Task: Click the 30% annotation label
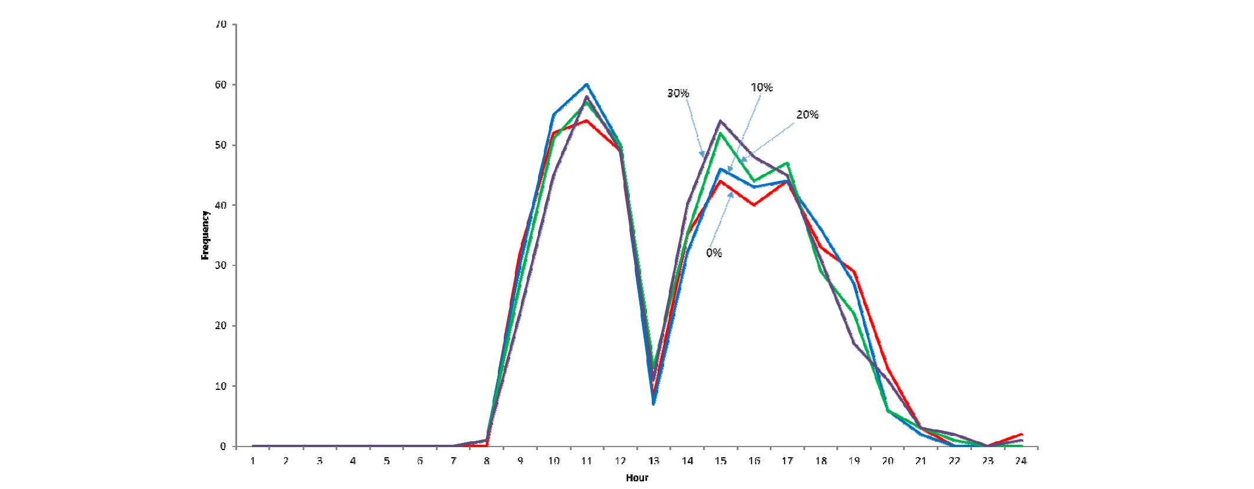coord(678,93)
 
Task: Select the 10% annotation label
coord(761,87)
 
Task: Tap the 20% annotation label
coord(807,114)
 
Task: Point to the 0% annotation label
coord(714,252)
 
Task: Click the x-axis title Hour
coord(637,478)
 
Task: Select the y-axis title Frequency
coord(205,235)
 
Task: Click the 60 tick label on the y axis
coord(221,85)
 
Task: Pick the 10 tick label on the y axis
coord(221,386)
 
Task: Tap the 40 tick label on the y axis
coord(221,205)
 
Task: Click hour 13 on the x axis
coord(654,461)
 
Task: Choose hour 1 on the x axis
coord(252,461)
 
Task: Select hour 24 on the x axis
coord(1021,461)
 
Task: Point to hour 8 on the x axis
coord(487,461)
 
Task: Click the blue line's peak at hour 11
coord(587,84)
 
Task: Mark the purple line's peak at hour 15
coord(721,121)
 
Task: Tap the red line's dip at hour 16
coord(754,205)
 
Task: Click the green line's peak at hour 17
coord(787,163)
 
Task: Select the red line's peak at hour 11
coord(587,121)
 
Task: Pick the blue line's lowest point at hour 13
coord(654,404)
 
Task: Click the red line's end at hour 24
coord(1021,434)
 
